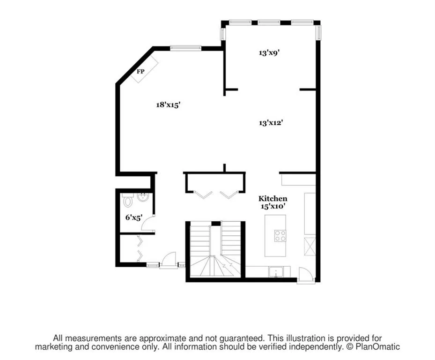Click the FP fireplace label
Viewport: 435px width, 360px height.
point(140,72)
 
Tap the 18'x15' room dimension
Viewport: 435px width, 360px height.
point(168,105)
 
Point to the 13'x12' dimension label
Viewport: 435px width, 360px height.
point(271,123)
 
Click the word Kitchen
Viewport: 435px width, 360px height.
point(273,199)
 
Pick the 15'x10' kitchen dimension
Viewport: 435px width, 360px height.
point(273,206)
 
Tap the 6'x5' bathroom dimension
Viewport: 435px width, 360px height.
point(133,217)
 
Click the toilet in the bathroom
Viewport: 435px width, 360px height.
point(128,202)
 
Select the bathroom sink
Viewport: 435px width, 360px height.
point(143,197)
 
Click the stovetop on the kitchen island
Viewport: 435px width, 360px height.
point(280,235)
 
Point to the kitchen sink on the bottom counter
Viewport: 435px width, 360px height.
point(276,271)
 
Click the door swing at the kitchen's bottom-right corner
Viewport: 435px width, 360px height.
point(305,275)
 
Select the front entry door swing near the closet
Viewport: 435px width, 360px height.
point(169,260)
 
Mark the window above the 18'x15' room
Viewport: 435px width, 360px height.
point(185,47)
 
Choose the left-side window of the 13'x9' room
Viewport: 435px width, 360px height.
point(223,33)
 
